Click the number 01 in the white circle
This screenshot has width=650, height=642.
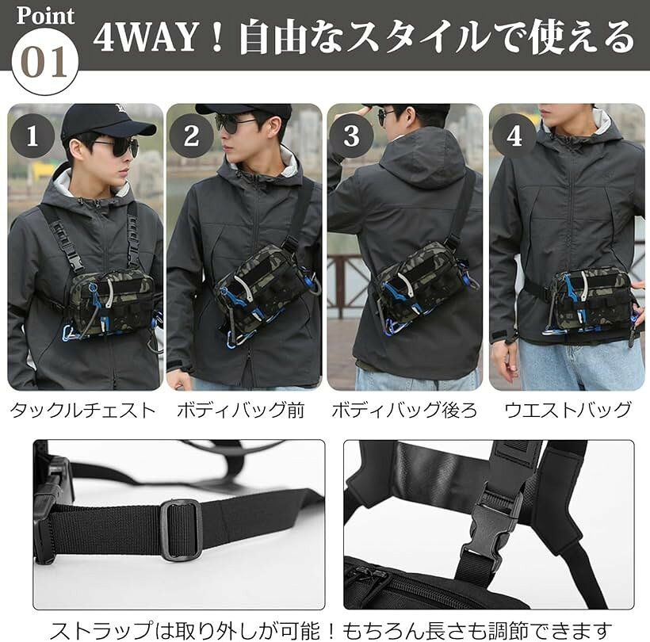tap(44, 62)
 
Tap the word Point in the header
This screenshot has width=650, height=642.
tap(46, 16)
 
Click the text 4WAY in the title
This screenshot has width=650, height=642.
tap(145, 38)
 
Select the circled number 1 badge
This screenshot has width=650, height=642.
tap(32, 136)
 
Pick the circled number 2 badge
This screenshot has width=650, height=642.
tap(191, 136)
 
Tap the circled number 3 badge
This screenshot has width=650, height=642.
tap(351, 136)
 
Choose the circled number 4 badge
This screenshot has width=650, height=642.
tap(514, 136)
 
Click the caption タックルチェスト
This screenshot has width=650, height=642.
tap(82, 411)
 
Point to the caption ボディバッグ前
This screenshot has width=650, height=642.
tap(241, 411)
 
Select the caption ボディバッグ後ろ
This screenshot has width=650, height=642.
tap(404, 411)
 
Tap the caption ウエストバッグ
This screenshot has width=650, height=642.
tap(568, 411)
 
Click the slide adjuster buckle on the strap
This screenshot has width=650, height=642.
tap(182, 529)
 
